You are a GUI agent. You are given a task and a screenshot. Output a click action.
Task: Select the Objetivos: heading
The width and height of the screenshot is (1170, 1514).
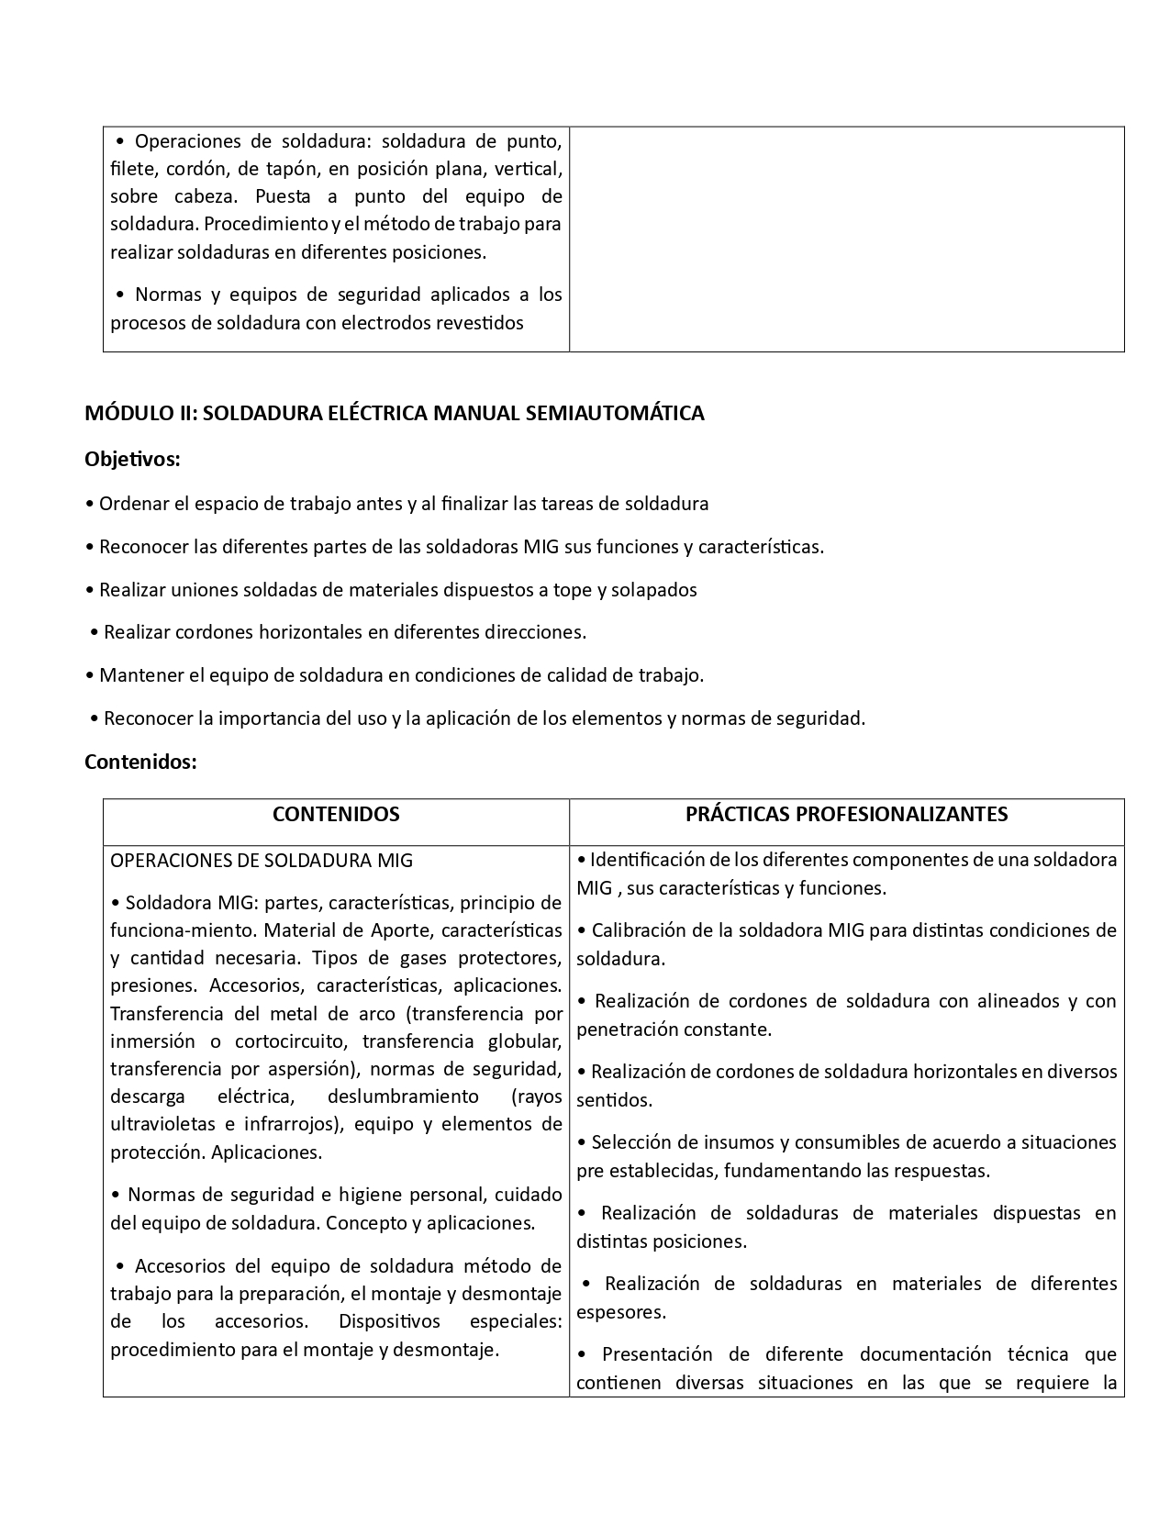tap(132, 459)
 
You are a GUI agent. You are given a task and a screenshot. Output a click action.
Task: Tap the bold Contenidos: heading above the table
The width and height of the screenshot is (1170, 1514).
tap(140, 762)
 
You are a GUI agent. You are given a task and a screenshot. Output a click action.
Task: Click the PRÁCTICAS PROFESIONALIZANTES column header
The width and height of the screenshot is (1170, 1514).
tap(846, 814)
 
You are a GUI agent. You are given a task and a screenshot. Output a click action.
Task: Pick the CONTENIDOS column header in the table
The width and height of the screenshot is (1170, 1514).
tap(336, 814)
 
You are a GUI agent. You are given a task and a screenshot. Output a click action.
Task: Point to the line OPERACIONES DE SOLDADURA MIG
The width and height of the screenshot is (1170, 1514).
tap(262, 861)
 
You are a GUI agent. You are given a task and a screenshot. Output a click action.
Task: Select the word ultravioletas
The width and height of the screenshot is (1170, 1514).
tap(161, 1124)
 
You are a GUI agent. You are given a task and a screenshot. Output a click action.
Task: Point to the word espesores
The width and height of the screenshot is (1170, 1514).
tap(621, 1312)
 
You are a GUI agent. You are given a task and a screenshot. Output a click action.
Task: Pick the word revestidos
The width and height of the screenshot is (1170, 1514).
tap(478, 323)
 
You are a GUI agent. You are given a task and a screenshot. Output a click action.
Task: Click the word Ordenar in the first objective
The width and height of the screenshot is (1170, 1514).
tap(129, 504)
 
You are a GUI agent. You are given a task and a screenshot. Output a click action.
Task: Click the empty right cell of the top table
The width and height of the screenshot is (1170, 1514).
tap(846, 239)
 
